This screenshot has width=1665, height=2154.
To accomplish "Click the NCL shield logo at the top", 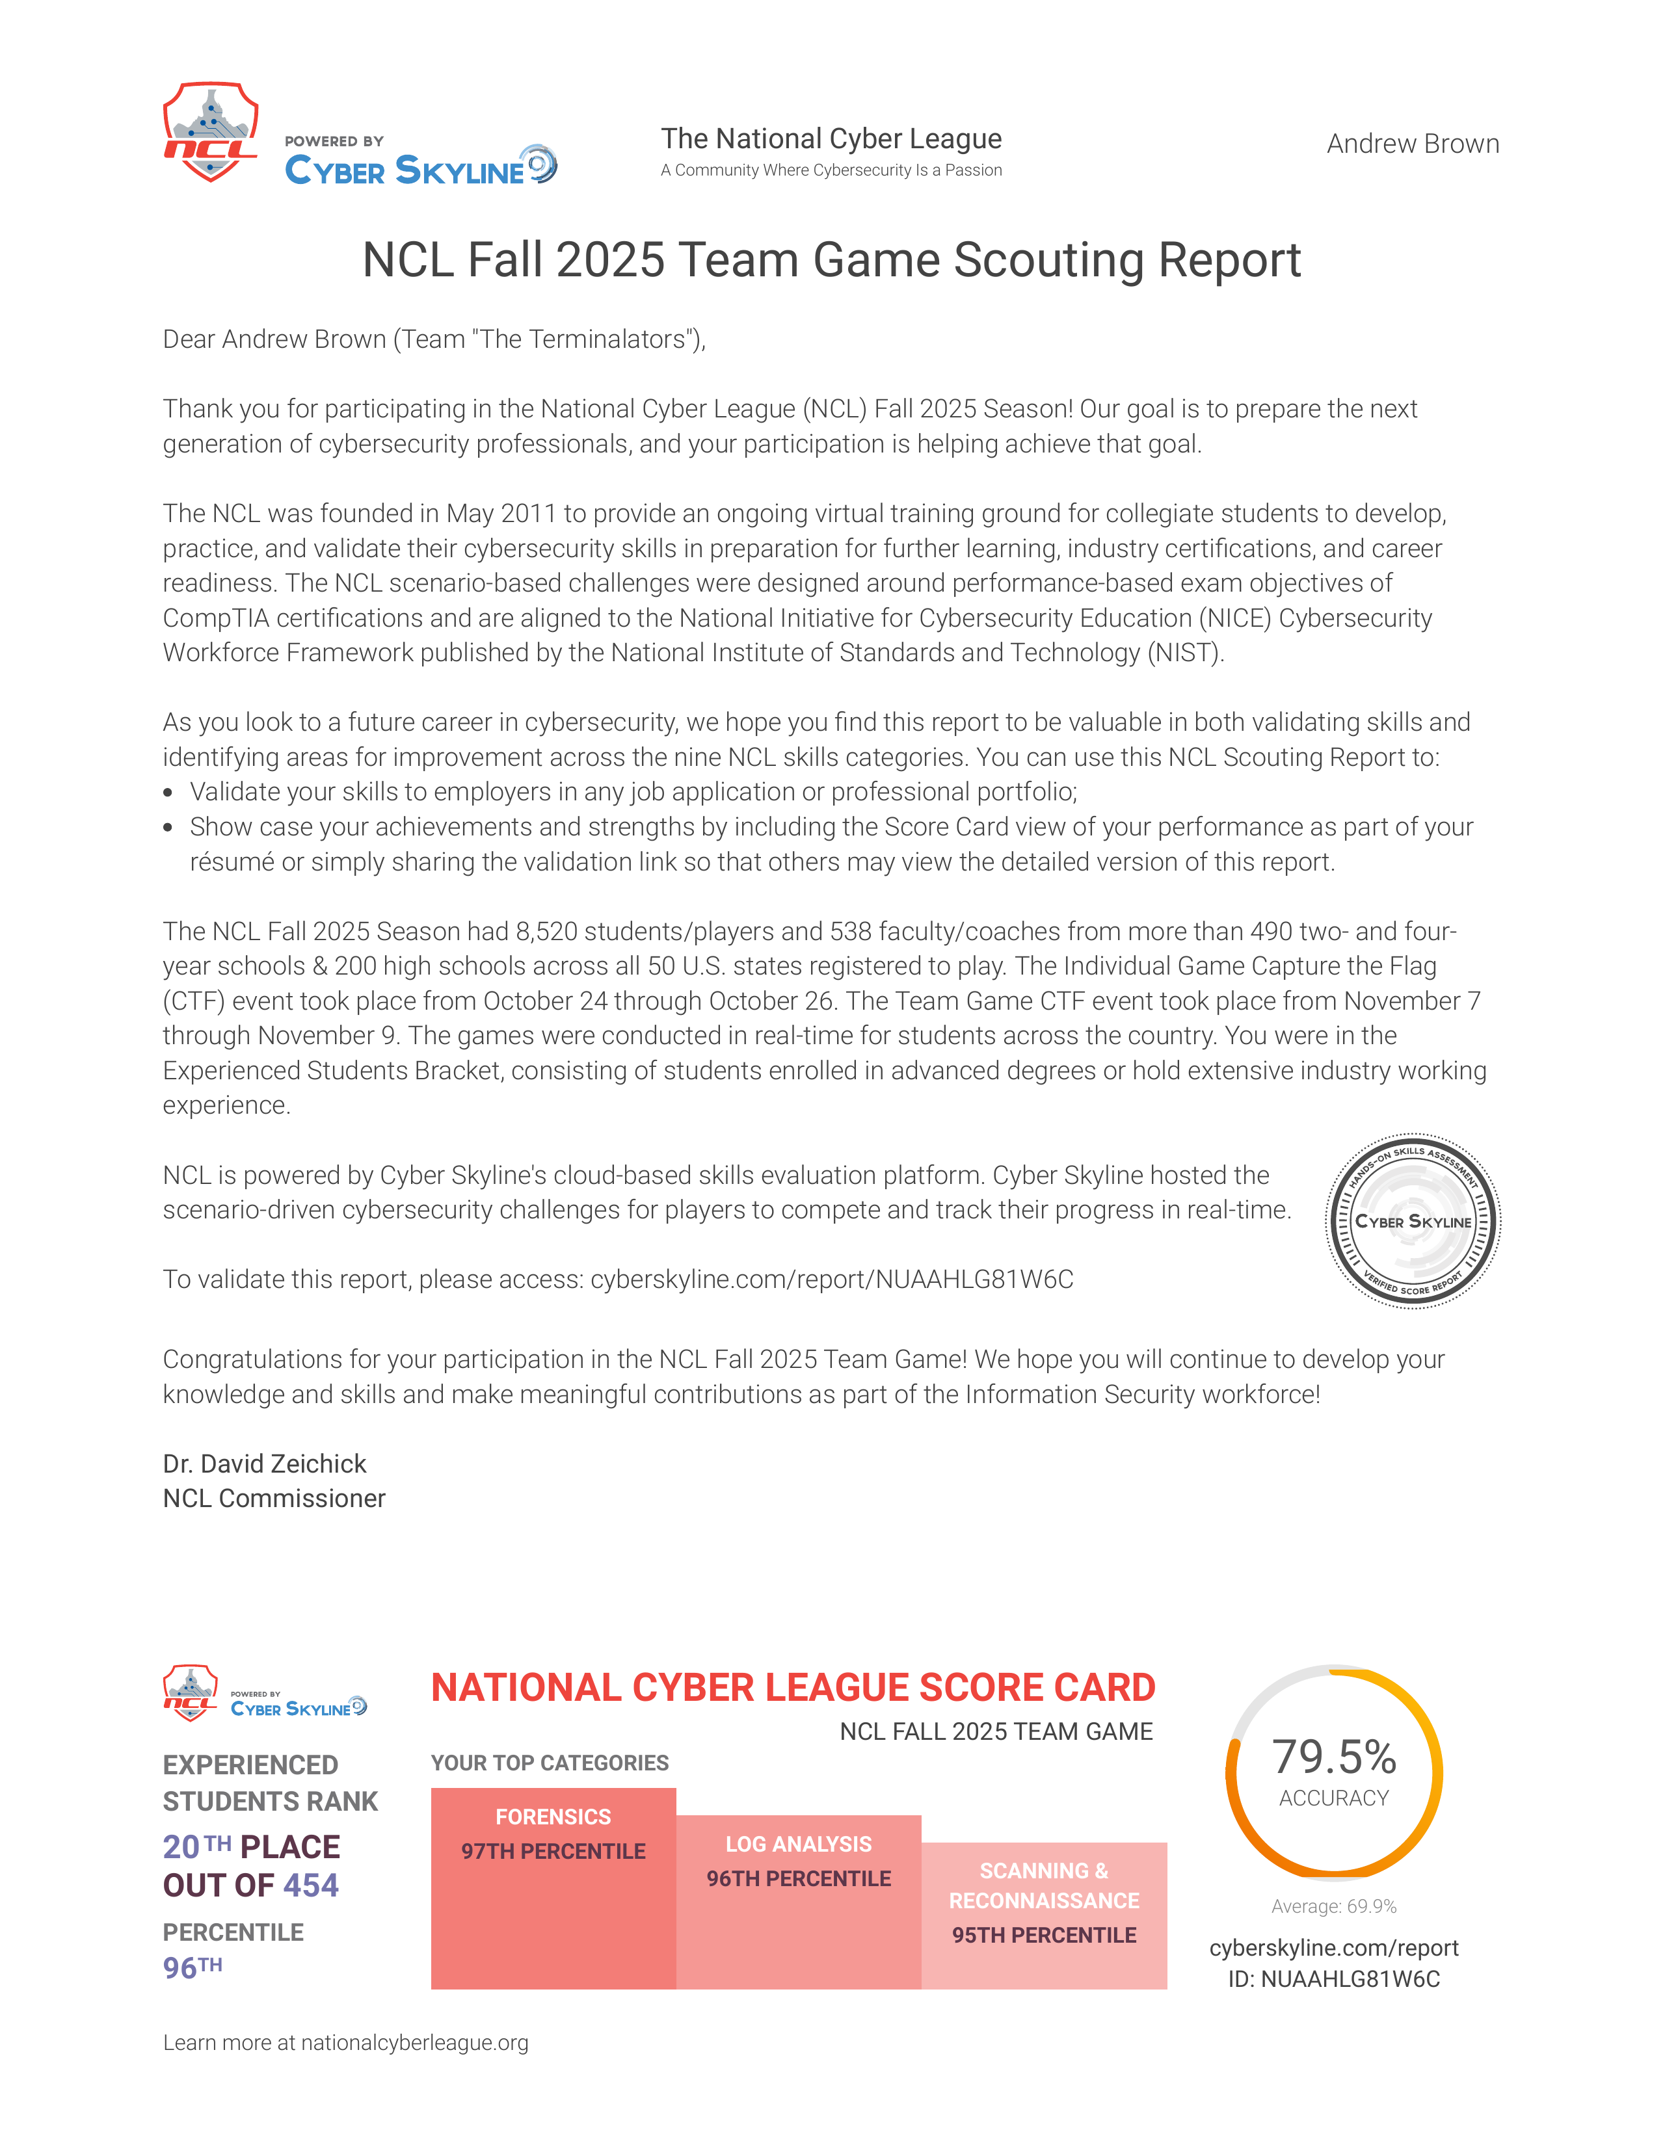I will click(210, 132).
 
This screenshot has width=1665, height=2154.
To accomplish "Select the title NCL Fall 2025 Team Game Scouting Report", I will click(831, 260).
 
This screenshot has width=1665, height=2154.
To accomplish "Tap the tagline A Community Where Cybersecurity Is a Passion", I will click(831, 170).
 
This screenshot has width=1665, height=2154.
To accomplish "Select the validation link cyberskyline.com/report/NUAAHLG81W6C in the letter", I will click(831, 1279).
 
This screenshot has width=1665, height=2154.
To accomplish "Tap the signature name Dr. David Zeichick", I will click(264, 1464).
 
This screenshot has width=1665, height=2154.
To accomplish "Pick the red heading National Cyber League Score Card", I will click(792, 1687).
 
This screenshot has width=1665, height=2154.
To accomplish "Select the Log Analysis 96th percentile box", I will click(798, 1902).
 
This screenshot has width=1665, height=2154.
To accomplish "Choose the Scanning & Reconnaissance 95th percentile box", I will click(1044, 1915).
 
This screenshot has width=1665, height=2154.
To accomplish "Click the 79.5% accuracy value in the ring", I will click(1333, 1757).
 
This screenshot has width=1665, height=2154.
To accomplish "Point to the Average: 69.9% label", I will click(1333, 1906).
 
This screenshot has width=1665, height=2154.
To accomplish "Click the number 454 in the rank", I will click(311, 1885).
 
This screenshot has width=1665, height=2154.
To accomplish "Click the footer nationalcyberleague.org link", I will click(414, 2043).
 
